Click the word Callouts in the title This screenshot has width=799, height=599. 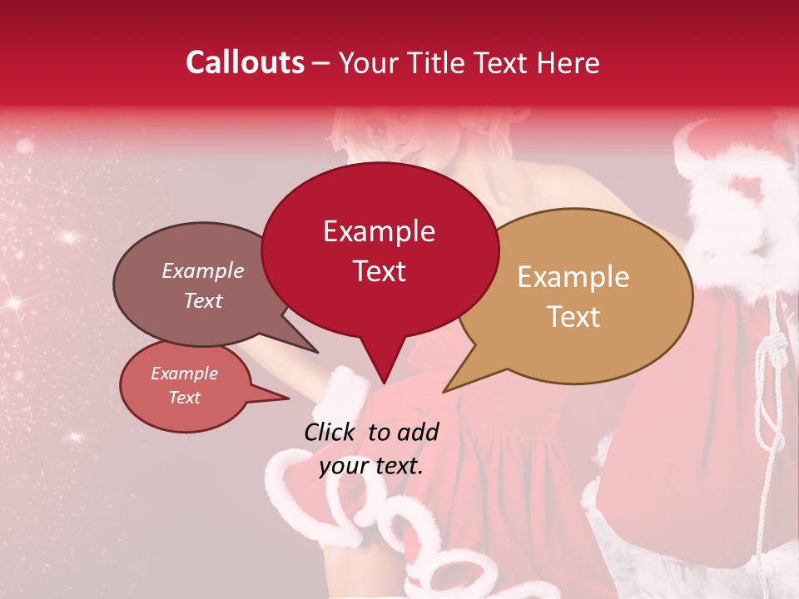click(x=246, y=62)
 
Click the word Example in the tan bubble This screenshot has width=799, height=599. click(x=573, y=277)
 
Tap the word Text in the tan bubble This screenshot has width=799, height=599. click(x=573, y=317)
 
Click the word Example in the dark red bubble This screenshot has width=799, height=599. click(x=379, y=231)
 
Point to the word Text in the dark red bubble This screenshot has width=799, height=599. click(x=379, y=271)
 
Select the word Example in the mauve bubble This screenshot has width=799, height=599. click(x=202, y=270)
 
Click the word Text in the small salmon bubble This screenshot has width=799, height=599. click(x=184, y=398)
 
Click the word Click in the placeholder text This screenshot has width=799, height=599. click(x=330, y=431)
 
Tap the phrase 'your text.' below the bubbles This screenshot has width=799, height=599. click(x=371, y=465)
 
